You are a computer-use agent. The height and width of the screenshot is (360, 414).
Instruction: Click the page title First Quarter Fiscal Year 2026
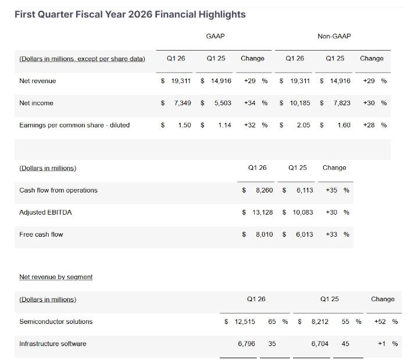[130, 14]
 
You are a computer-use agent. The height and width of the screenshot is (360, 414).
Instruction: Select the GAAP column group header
[215, 36]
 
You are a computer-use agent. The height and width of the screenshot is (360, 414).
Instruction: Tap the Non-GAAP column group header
[334, 36]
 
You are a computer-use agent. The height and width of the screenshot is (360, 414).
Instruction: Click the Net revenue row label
[38, 81]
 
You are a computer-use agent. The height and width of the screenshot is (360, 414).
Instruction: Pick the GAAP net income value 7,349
[183, 103]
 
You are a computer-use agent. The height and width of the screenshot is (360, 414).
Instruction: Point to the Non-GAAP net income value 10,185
[299, 103]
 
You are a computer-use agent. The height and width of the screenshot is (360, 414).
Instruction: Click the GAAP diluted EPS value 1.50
[184, 125]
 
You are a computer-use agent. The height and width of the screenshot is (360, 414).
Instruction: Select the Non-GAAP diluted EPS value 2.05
[303, 125]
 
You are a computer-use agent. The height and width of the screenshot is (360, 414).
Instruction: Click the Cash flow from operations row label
[58, 190]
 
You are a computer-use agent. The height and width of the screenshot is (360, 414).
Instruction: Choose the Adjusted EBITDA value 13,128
[262, 212]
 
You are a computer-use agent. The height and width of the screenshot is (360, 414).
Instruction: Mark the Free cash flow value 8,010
[264, 234]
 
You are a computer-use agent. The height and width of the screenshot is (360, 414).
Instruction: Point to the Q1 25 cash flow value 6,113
[304, 190]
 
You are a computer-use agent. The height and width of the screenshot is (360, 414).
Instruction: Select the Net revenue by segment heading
[56, 277]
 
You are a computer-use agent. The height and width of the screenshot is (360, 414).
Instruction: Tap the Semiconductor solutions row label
[56, 322]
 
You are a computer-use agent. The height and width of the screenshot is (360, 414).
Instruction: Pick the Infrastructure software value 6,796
[247, 344]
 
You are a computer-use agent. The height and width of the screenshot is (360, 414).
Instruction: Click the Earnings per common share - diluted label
[74, 125]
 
